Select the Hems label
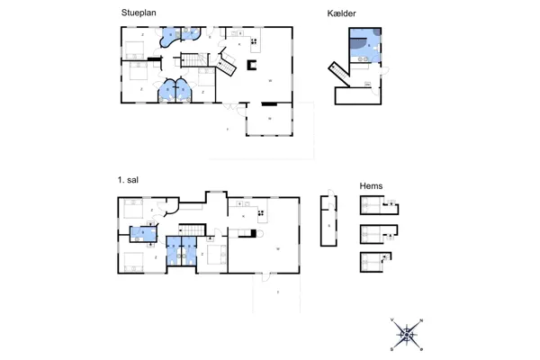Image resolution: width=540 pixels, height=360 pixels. [371, 186]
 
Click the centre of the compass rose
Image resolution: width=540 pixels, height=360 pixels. [408, 334]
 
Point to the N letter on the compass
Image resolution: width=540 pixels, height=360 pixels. [421, 321]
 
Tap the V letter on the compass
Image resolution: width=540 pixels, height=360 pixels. [393, 321]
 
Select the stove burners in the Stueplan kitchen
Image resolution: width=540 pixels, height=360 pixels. [256, 40]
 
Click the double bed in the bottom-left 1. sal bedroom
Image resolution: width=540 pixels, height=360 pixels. [133, 262]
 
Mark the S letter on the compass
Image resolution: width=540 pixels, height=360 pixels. [394, 346]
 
